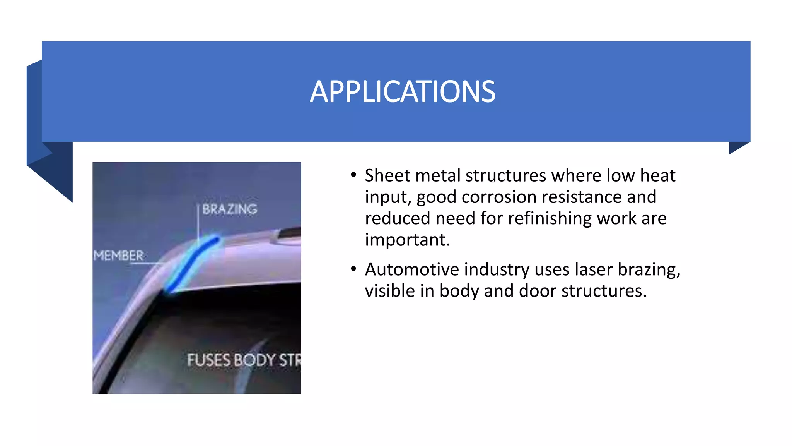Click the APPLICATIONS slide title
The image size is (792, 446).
[402, 92]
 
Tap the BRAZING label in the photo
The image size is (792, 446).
[230, 209]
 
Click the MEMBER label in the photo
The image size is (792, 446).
[118, 256]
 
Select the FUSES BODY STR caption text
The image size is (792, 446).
[244, 360]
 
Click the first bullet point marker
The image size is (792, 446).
[353, 175]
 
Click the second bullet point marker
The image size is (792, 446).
[353, 269]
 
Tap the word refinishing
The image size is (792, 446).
[549, 218]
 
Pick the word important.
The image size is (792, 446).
[407, 240]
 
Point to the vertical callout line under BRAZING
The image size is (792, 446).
[198, 225]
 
